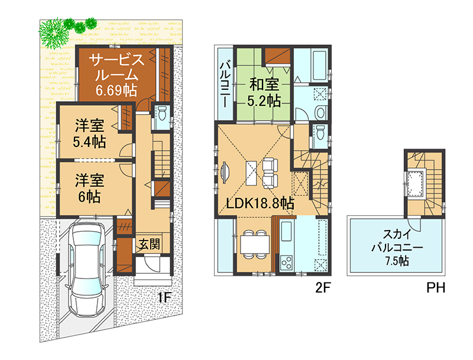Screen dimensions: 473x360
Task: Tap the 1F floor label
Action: point(165,297)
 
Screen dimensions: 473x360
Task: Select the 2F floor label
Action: point(323,288)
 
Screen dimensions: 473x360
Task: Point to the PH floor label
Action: point(436,288)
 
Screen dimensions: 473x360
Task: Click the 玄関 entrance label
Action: point(150,244)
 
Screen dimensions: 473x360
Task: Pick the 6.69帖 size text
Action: point(116,90)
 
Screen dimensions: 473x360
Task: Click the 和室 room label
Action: point(264,85)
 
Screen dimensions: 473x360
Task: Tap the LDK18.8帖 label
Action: point(260,203)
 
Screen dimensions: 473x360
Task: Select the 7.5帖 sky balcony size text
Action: point(396,261)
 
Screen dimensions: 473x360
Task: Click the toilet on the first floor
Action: point(162,113)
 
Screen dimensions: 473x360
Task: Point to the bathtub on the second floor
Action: point(319,66)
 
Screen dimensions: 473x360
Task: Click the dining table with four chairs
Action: point(255,244)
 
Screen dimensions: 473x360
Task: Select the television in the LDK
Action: point(225,173)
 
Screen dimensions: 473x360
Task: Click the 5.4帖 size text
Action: point(89,142)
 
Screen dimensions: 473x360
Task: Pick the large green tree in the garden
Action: point(53,33)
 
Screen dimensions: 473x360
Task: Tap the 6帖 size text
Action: point(89,197)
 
